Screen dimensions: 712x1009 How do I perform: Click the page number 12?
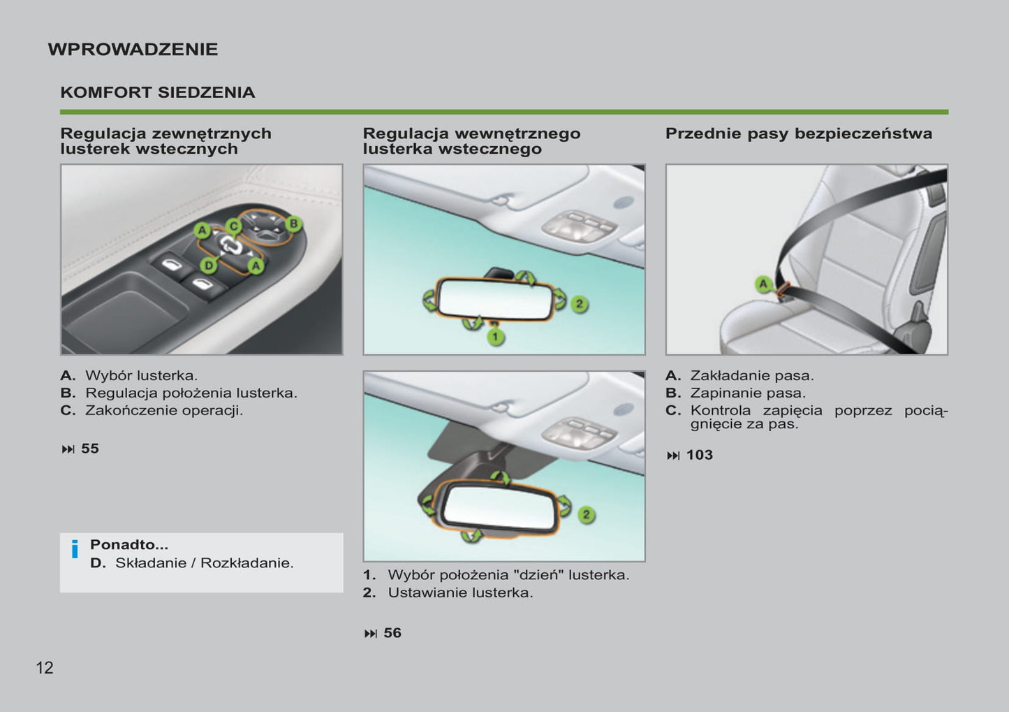click(x=45, y=668)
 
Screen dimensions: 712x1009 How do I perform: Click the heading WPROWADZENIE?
click(x=133, y=50)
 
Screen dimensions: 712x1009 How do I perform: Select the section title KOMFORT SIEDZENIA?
click(x=157, y=92)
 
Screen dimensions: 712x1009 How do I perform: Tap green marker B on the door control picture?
click(x=294, y=224)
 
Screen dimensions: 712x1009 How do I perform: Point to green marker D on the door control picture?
click(x=208, y=265)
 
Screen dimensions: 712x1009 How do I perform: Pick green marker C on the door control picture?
click(x=233, y=225)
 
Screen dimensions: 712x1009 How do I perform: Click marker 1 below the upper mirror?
click(x=495, y=337)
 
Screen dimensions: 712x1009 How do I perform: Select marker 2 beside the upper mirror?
click(x=579, y=304)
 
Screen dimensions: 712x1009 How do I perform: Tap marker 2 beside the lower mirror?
click(x=586, y=515)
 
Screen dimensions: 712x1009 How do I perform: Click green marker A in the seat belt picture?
click(x=764, y=284)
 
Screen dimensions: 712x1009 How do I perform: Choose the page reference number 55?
click(x=90, y=449)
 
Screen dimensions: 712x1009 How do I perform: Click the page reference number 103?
click(x=699, y=455)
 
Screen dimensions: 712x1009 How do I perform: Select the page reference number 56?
click(x=392, y=633)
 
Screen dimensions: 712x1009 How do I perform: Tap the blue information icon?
click(x=75, y=549)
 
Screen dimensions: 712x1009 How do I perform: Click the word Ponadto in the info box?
click(x=128, y=545)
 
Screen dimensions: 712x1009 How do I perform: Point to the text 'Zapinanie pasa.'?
click(x=748, y=393)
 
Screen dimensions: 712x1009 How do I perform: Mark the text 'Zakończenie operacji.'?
click(x=164, y=410)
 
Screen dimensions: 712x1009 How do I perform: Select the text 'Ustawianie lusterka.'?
click(x=460, y=593)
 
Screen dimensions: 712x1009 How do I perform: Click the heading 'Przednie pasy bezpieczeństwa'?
click(x=798, y=133)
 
